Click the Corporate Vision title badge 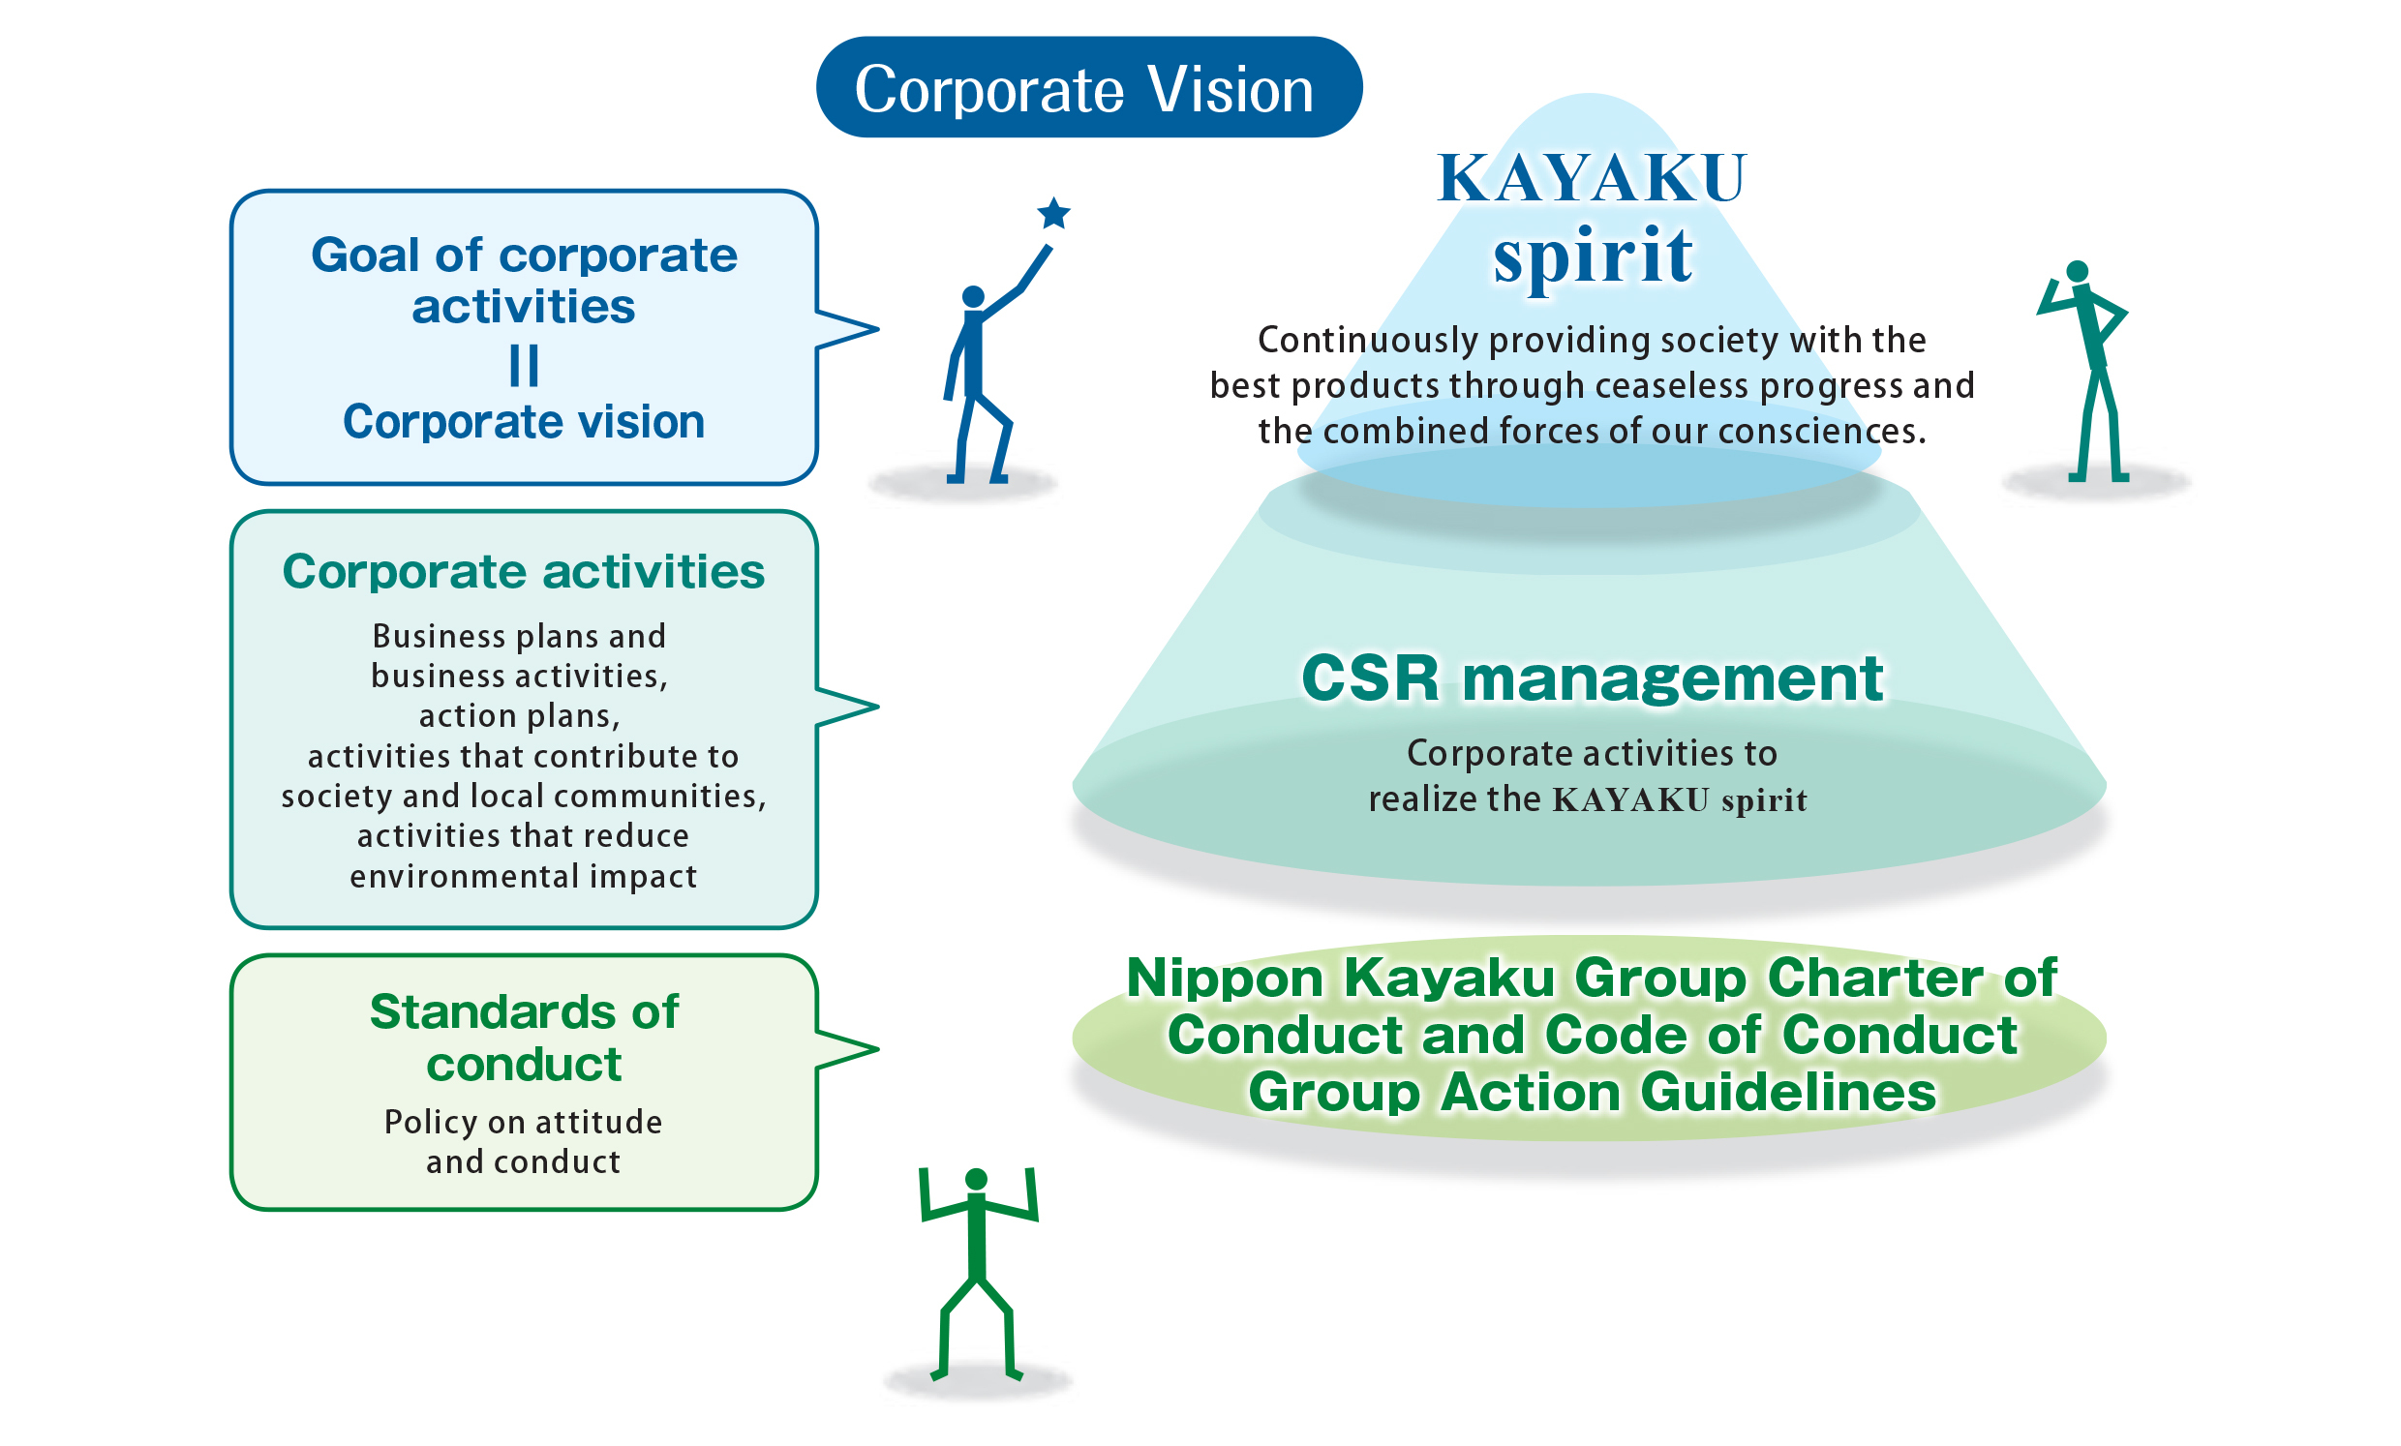pos(1088,88)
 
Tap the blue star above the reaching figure pos(1053,212)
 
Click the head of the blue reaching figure pos(972,296)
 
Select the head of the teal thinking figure pos(2077,271)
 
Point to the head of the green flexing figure pos(977,1179)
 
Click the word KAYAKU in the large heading pos(1593,179)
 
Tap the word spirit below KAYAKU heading pos(1593,256)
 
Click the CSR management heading pos(1593,678)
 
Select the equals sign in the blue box pos(523,367)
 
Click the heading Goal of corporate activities pos(523,281)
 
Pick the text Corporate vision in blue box pos(523,422)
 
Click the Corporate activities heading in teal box pos(523,571)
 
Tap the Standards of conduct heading pos(523,1038)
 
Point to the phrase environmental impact pos(523,876)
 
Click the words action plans pos(519,716)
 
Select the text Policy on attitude pos(523,1122)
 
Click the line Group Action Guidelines pos(1593,1093)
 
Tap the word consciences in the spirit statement pos(1820,432)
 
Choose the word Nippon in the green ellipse pos(1225,978)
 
